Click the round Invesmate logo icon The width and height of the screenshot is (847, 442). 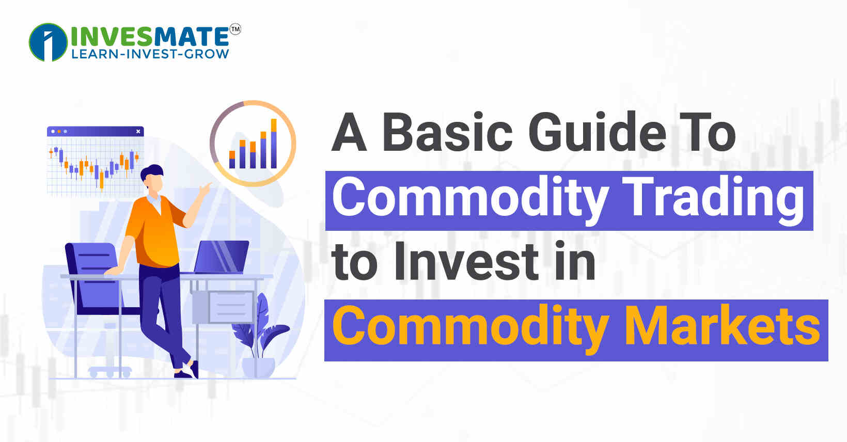(x=48, y=42)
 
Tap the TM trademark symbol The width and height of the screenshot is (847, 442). (x=235, y=29)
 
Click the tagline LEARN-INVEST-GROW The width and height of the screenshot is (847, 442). (x=150, y=54)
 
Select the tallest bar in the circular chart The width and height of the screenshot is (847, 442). (x=274, y=143)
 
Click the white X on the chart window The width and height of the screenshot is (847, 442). (x=138, y=132)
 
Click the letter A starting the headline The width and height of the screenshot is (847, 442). (x=349, y=133)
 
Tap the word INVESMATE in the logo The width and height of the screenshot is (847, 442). (x=150, y=36)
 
